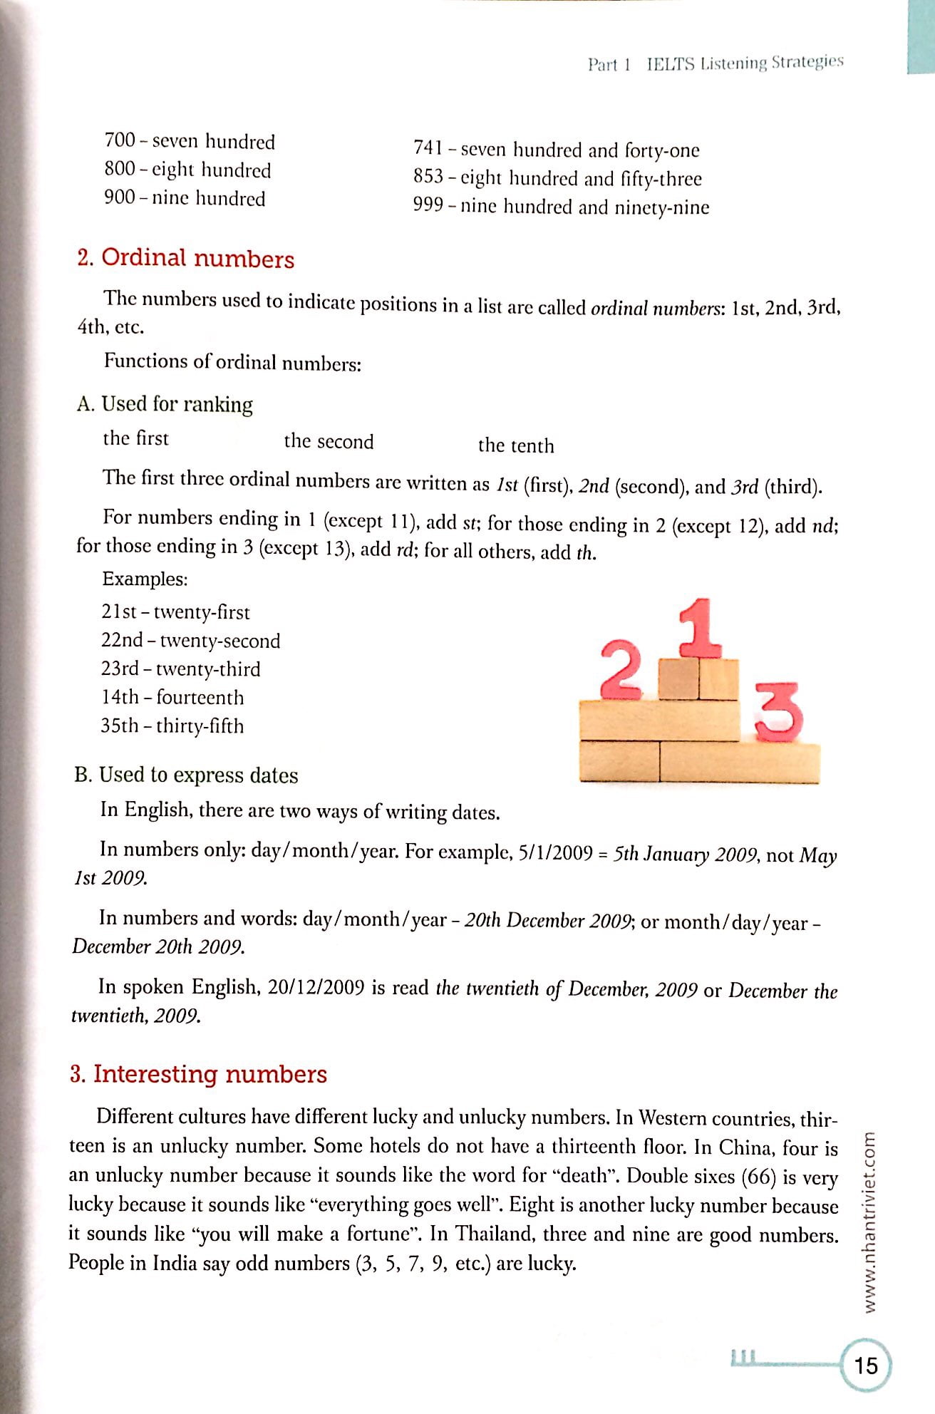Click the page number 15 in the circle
click(866, 1366)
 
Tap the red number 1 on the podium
click(701, 628)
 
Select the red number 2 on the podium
click(621, 669)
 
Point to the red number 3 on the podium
click(778, 712)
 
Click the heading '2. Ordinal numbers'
click(185, 258)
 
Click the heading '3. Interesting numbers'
click(198, 1074)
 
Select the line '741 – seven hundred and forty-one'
click(556, 150)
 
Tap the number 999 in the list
click(428, 206)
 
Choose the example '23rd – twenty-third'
click(180, 669)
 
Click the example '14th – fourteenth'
click(172, 698)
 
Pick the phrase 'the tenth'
click(515, 446)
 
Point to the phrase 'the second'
click(329, 442)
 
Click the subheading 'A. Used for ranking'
click(165, 404)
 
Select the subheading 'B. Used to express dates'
click(186, 775)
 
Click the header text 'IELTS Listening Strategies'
click(745, 63)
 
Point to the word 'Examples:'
click(145, 579)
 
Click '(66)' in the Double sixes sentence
click(758, 1177)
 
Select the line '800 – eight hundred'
click(187, 170)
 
